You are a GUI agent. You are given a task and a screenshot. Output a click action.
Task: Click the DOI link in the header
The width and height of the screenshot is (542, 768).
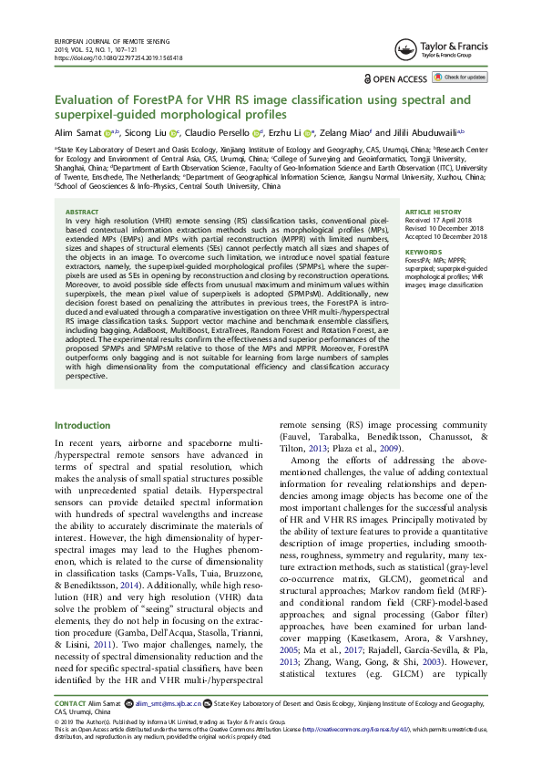click(118, 57)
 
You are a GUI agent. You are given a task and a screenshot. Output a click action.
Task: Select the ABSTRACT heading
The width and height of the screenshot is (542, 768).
click(83, 210)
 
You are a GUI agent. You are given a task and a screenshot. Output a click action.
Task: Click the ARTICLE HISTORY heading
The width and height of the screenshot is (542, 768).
click(432, 211)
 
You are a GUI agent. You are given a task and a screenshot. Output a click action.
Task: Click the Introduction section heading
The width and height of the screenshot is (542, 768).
click(83, 425)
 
